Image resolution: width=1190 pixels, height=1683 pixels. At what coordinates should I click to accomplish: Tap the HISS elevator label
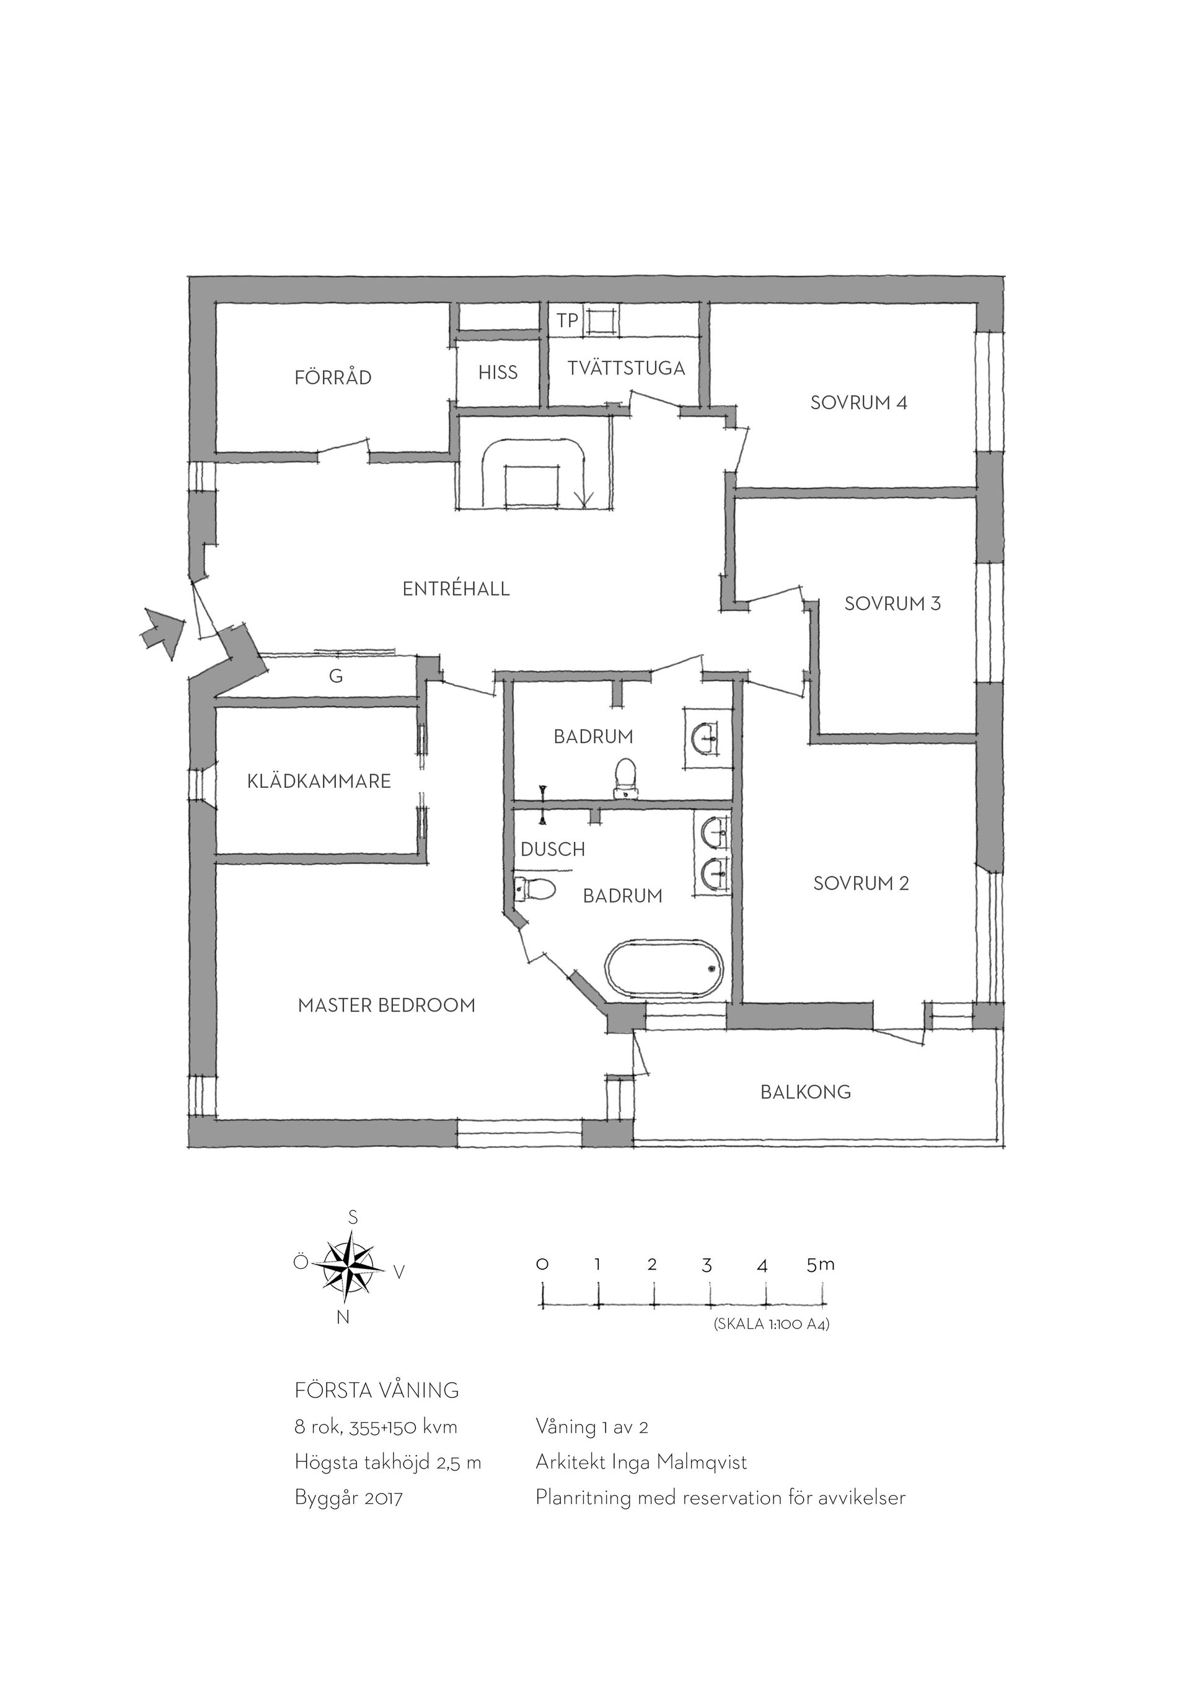point(498,373)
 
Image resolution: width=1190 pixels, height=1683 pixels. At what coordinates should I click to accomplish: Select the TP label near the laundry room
point(567,320)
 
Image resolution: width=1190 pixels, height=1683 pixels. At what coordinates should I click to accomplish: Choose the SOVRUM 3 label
point(892,603)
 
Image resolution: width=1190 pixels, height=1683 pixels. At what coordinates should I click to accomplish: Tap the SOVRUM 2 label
point(861,883)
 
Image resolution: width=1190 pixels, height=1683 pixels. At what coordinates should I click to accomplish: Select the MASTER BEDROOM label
point(386,1005)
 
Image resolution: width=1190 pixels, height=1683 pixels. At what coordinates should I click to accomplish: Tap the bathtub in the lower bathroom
point(664,969)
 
